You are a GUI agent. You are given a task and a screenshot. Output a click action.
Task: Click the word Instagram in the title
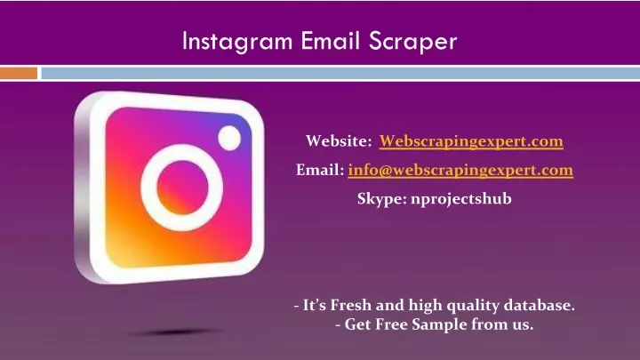tap(237, 42)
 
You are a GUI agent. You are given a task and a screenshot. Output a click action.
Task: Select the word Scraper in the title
tap(412, 42)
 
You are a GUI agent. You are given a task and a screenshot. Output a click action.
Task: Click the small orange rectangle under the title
tap(19, 73)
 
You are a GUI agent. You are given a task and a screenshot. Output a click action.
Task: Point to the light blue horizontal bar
tap(340, 73)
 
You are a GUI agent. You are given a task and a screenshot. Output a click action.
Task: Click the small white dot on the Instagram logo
tap(229, 138)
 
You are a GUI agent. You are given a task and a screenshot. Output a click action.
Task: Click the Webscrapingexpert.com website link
tap(471, 141)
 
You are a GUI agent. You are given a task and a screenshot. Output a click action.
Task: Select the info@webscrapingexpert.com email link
tap(460, 170)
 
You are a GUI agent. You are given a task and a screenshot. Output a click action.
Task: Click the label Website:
tap(339, 140)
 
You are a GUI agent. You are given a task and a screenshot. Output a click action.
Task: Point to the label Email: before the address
tap(320, 170)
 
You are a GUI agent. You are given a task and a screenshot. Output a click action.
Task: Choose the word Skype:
tap(382, 199)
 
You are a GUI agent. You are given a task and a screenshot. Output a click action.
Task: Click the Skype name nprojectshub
tap(461, 199)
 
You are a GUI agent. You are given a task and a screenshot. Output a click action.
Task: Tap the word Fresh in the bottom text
tap(350, 305)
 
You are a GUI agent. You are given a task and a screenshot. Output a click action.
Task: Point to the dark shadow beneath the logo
tap(176, 332)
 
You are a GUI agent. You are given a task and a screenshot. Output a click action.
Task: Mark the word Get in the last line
tap(357, 324)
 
